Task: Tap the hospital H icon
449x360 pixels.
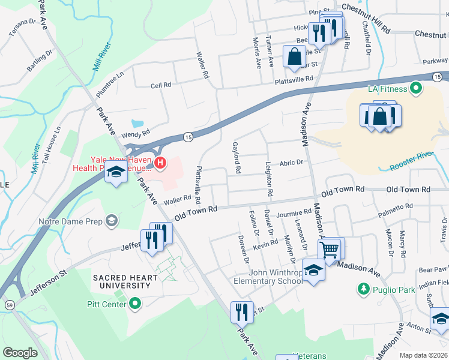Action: [160, 162]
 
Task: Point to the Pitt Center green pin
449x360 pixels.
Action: [135, 304]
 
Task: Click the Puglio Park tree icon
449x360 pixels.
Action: [363, 289]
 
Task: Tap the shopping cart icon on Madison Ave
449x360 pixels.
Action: [330, 249]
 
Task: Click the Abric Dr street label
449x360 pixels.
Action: [292, 162]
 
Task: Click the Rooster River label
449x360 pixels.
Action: [411, 155]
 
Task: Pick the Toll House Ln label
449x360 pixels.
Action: [58, 142]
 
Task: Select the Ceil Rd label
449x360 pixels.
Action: [161, 85]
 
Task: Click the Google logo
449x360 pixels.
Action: [20, 353]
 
